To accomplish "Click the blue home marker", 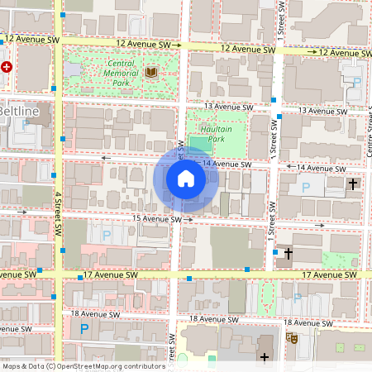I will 186,179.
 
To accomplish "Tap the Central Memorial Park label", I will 120,73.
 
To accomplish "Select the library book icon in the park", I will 150,73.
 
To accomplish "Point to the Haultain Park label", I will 216,133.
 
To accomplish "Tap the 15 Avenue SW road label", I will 156,219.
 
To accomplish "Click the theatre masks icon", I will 291,337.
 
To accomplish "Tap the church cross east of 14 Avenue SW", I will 353,184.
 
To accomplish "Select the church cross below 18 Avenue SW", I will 265,357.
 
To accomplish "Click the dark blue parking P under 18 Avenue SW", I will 83,329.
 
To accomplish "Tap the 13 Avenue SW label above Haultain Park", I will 227,107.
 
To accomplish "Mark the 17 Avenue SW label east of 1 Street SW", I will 328,274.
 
